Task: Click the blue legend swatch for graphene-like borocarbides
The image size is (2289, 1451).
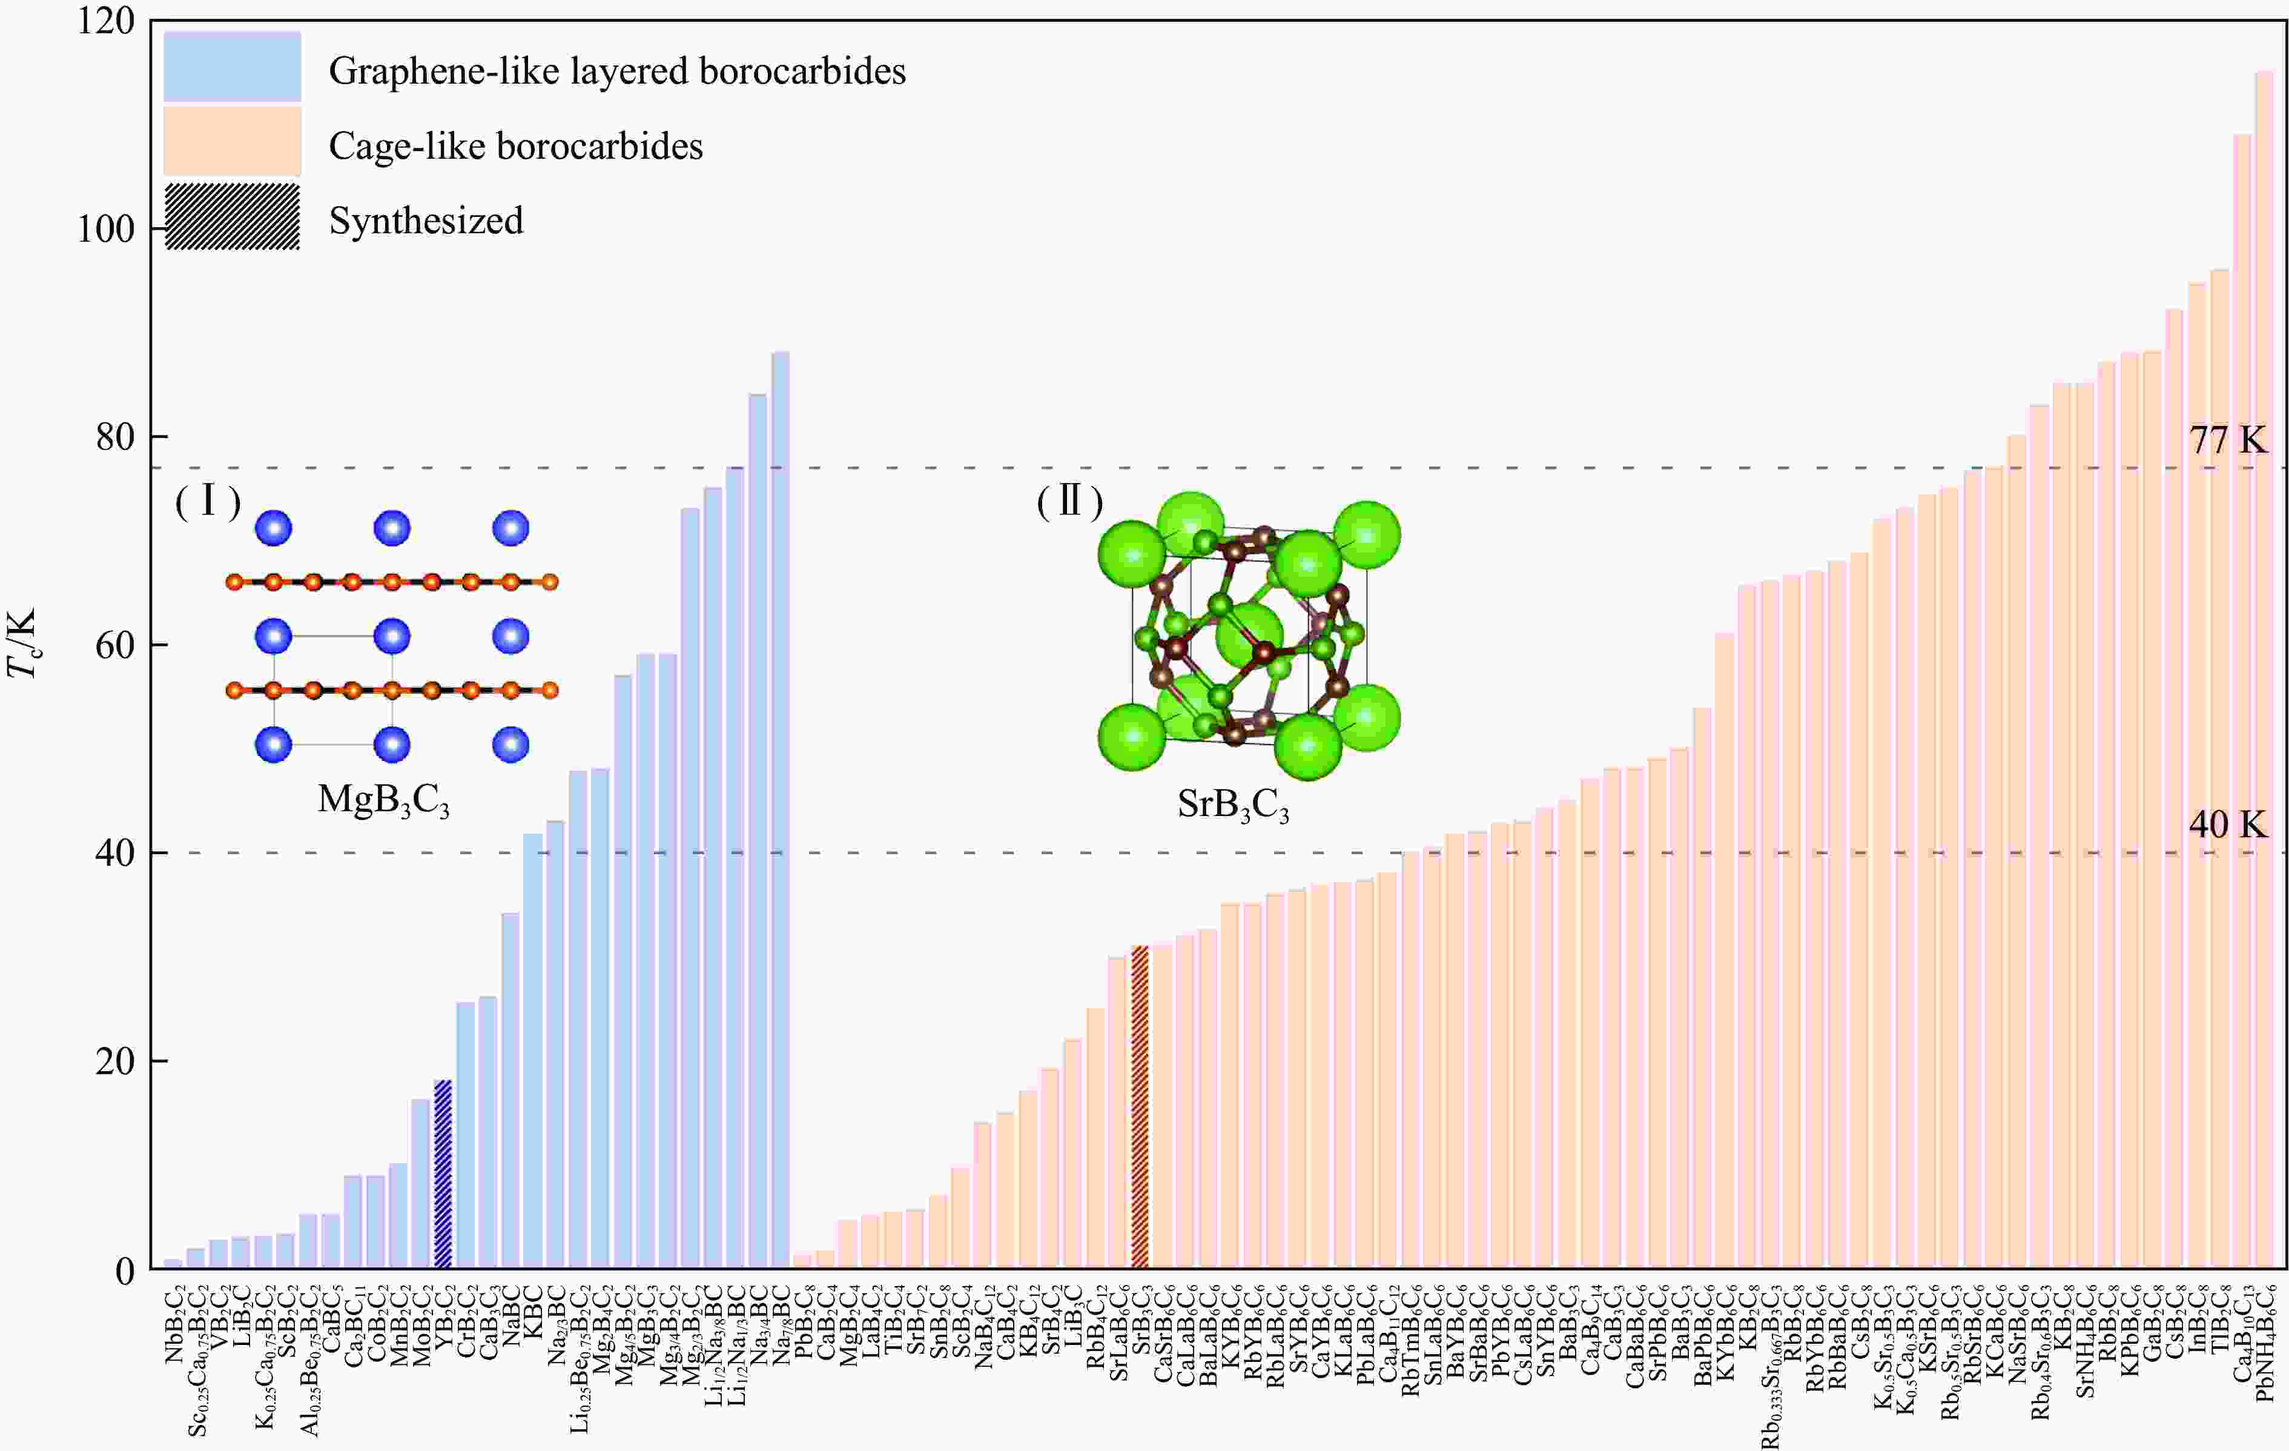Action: pyautogui.click(x=232, y=67)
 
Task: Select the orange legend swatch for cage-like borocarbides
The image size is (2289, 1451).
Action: pyautogui.click(x=232, y=141)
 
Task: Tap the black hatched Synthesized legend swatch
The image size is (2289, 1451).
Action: pyautogui.click(x=232, y=217)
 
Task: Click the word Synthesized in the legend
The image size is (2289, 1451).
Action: pyautogui.click(x=426, y=221)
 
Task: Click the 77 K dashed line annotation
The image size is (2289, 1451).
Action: pyautogui.click(x=2227, y=440)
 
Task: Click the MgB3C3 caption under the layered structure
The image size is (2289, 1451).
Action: pyautogui.click(x=383, y=800)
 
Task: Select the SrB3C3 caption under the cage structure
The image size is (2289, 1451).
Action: pyautogui.click(x=1233, y=805)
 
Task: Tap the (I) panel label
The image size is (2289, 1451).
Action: pyautogui.click(x=207, y=501)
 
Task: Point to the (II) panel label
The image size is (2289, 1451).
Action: pyautogui.click(x=1069, y=501)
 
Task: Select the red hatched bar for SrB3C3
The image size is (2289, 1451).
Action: pyautogui.click(x=1140, y=1107)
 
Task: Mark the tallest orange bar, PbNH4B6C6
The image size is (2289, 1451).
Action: pyautogui.click(x=2264, y=666)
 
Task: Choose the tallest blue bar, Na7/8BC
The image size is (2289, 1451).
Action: pyautogui.click(x=781, y=808)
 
